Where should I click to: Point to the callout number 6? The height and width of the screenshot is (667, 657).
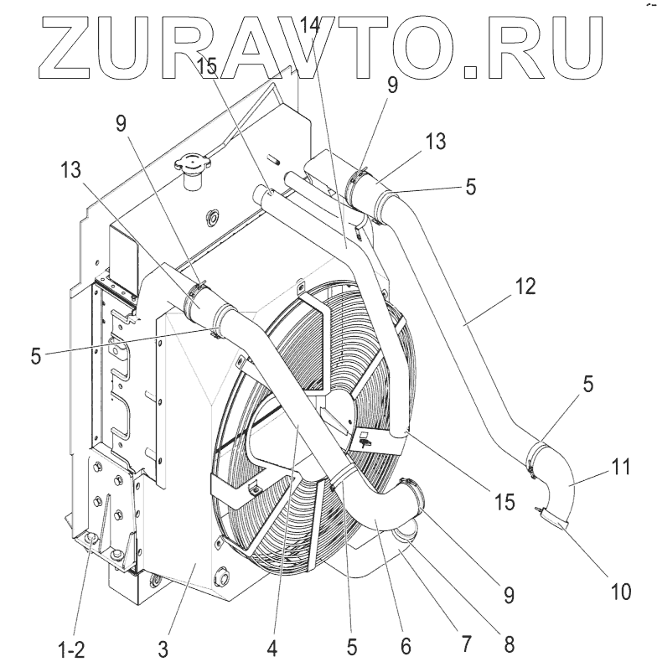click(406, 647)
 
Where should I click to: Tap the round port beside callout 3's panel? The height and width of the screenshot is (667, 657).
click(223, 576)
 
